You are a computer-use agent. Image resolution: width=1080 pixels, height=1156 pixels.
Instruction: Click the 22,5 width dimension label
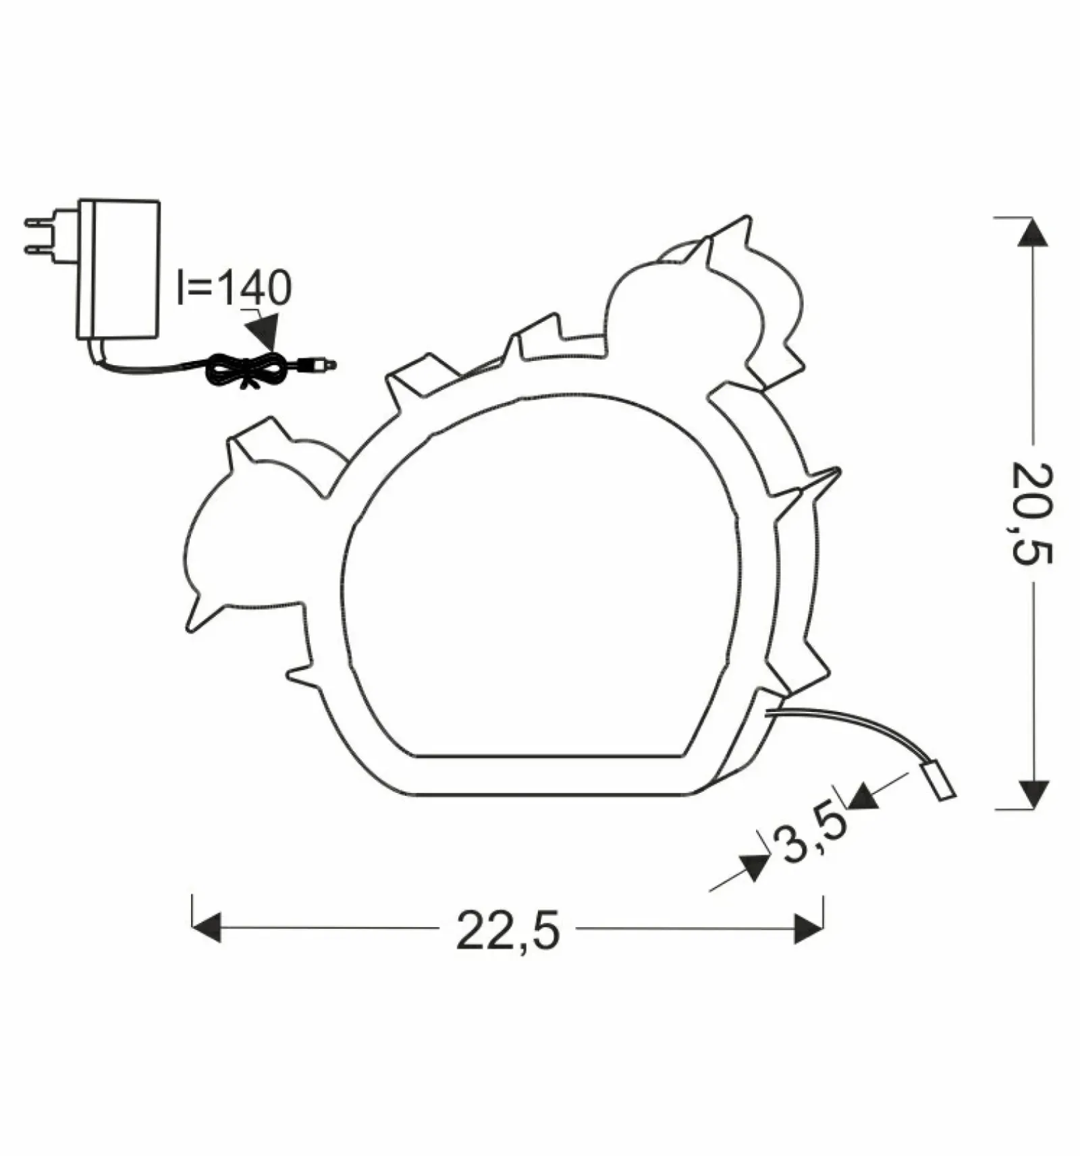pos(508,931)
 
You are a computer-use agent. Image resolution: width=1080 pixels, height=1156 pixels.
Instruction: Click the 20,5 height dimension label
pos(1032,514)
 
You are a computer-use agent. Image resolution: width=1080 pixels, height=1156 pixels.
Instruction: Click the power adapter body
pos(119,269)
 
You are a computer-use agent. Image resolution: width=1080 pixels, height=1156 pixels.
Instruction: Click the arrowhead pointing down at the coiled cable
pos(264,330)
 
